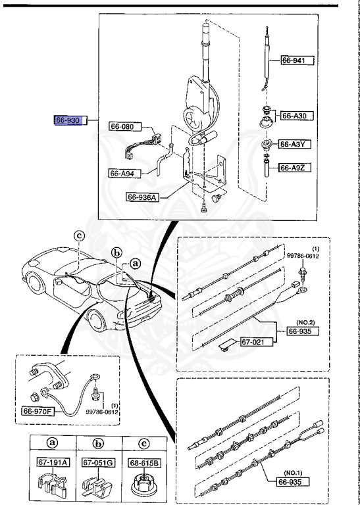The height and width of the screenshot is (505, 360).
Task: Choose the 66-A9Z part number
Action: pos(296,168)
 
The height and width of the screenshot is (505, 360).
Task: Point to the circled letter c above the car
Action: pos(79,235)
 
